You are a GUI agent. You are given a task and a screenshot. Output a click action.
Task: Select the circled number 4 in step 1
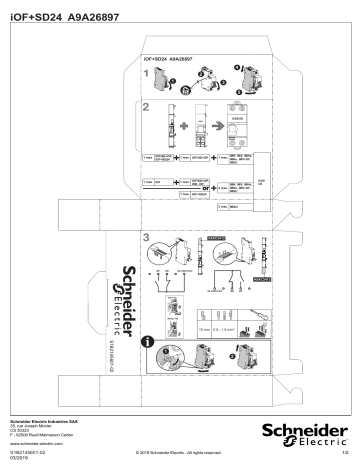point(238,67)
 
